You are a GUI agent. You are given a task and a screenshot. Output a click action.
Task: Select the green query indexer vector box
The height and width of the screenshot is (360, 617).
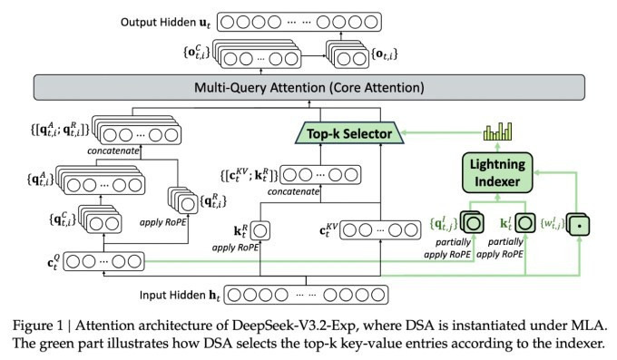(472, 221)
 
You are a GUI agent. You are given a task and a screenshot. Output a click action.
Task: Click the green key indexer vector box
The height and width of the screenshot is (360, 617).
(523, 221)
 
